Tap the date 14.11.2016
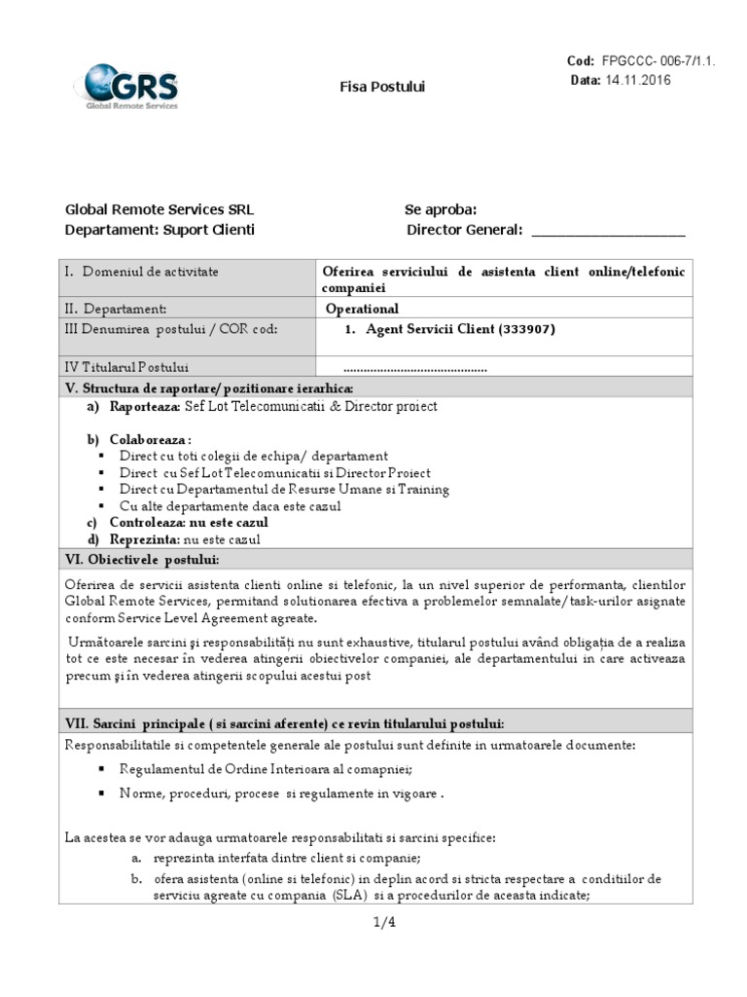(638, 80)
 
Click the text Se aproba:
(441, 209)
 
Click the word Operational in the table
(363, 309)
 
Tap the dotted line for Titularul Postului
(415, 369)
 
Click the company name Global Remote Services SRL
(160, 209)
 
